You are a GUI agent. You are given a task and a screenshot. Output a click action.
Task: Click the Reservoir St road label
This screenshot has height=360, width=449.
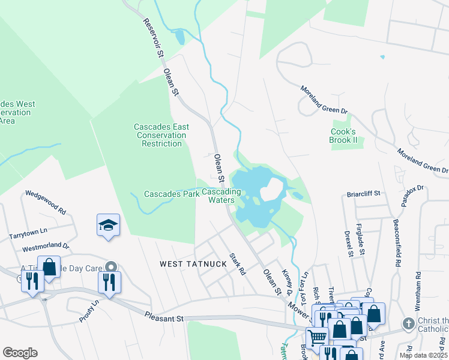tap(153, 38)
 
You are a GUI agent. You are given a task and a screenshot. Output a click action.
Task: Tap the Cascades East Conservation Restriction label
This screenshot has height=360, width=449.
tap(161, 135)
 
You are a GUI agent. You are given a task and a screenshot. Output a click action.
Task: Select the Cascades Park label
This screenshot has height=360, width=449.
tap(172, 194)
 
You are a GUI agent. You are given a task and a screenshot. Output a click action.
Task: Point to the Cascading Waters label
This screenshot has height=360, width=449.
tap(221, 196)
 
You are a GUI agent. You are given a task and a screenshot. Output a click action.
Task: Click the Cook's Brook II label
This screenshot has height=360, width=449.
tap(343, 135)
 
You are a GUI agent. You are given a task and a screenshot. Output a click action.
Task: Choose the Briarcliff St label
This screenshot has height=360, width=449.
tap(364, 194)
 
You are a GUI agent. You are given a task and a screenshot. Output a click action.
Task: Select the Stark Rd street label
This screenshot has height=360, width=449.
tap(238, 263)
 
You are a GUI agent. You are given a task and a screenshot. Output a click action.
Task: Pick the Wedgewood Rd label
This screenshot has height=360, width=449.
tap(45, 203)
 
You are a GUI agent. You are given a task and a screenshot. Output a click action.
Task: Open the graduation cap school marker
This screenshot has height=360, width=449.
tap(108, 226)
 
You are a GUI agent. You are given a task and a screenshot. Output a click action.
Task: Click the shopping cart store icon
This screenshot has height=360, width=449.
tap(317, 339)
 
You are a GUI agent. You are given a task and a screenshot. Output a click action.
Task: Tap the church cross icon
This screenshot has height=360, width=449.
tap(408, 324)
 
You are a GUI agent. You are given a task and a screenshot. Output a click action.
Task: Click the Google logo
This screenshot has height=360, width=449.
tap(20, 352)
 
